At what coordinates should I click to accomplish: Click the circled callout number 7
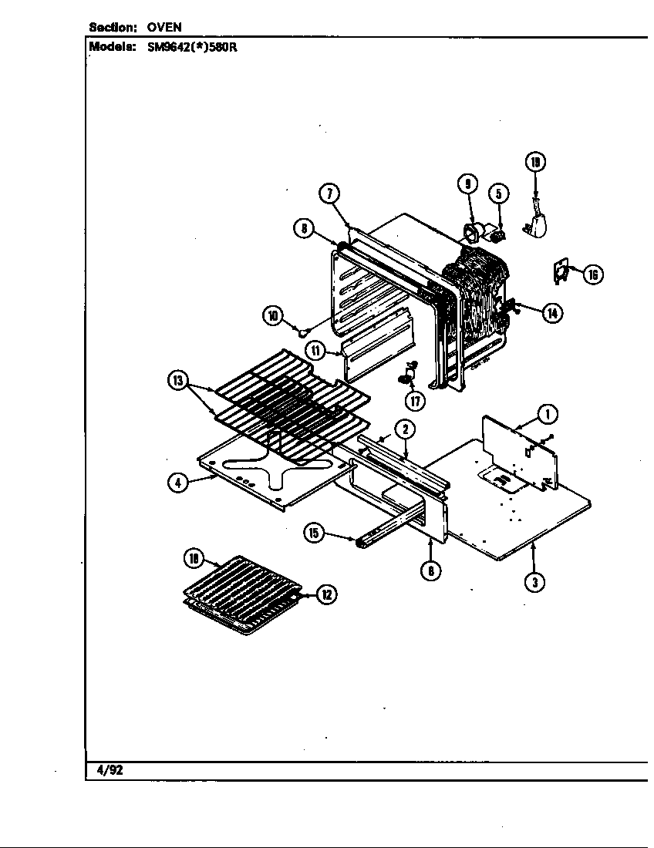[330, 194]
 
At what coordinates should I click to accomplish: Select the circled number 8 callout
[304, 227]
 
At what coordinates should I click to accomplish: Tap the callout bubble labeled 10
[272, 315]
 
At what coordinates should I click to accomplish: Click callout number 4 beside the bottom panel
[178, 483]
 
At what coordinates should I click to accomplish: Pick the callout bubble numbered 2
[404, 430]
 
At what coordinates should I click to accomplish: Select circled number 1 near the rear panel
[548, 415]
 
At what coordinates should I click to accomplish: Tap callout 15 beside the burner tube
[314, 533]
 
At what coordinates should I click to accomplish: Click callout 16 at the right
[593, 274]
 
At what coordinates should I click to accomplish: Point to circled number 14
[552, 312]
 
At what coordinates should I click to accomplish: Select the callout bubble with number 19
[535, 162]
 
